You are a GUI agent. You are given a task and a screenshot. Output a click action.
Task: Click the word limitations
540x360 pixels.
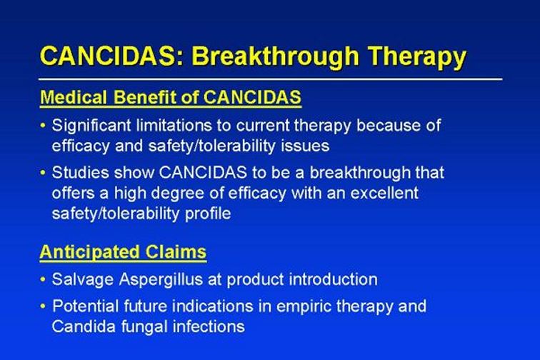174,125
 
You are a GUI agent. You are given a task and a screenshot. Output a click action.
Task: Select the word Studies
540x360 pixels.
80,172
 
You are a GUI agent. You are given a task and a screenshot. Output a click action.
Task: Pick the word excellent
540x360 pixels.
384,193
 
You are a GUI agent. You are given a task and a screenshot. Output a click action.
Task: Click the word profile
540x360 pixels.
208,214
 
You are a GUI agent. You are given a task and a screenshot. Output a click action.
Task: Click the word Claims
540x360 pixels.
176,252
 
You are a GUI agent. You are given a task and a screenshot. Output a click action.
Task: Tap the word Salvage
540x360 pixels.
83,280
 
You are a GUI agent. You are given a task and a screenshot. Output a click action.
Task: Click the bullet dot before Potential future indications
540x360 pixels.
43,306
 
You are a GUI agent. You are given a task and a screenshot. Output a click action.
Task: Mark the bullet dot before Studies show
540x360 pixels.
43,172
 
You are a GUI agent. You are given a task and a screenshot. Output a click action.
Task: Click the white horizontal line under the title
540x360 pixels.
270,79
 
